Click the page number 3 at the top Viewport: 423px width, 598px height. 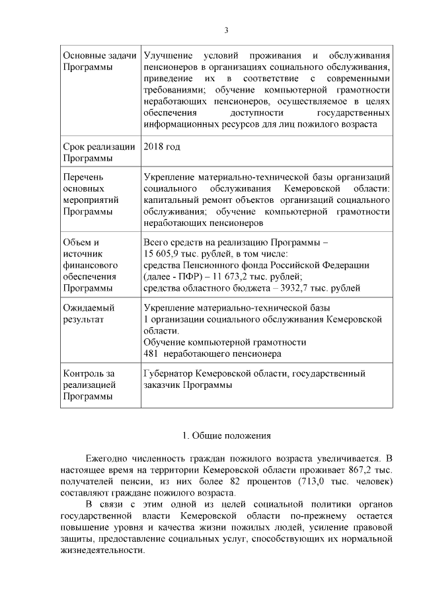227,30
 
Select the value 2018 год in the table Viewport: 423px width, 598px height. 161,147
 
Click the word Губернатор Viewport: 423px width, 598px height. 171,374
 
